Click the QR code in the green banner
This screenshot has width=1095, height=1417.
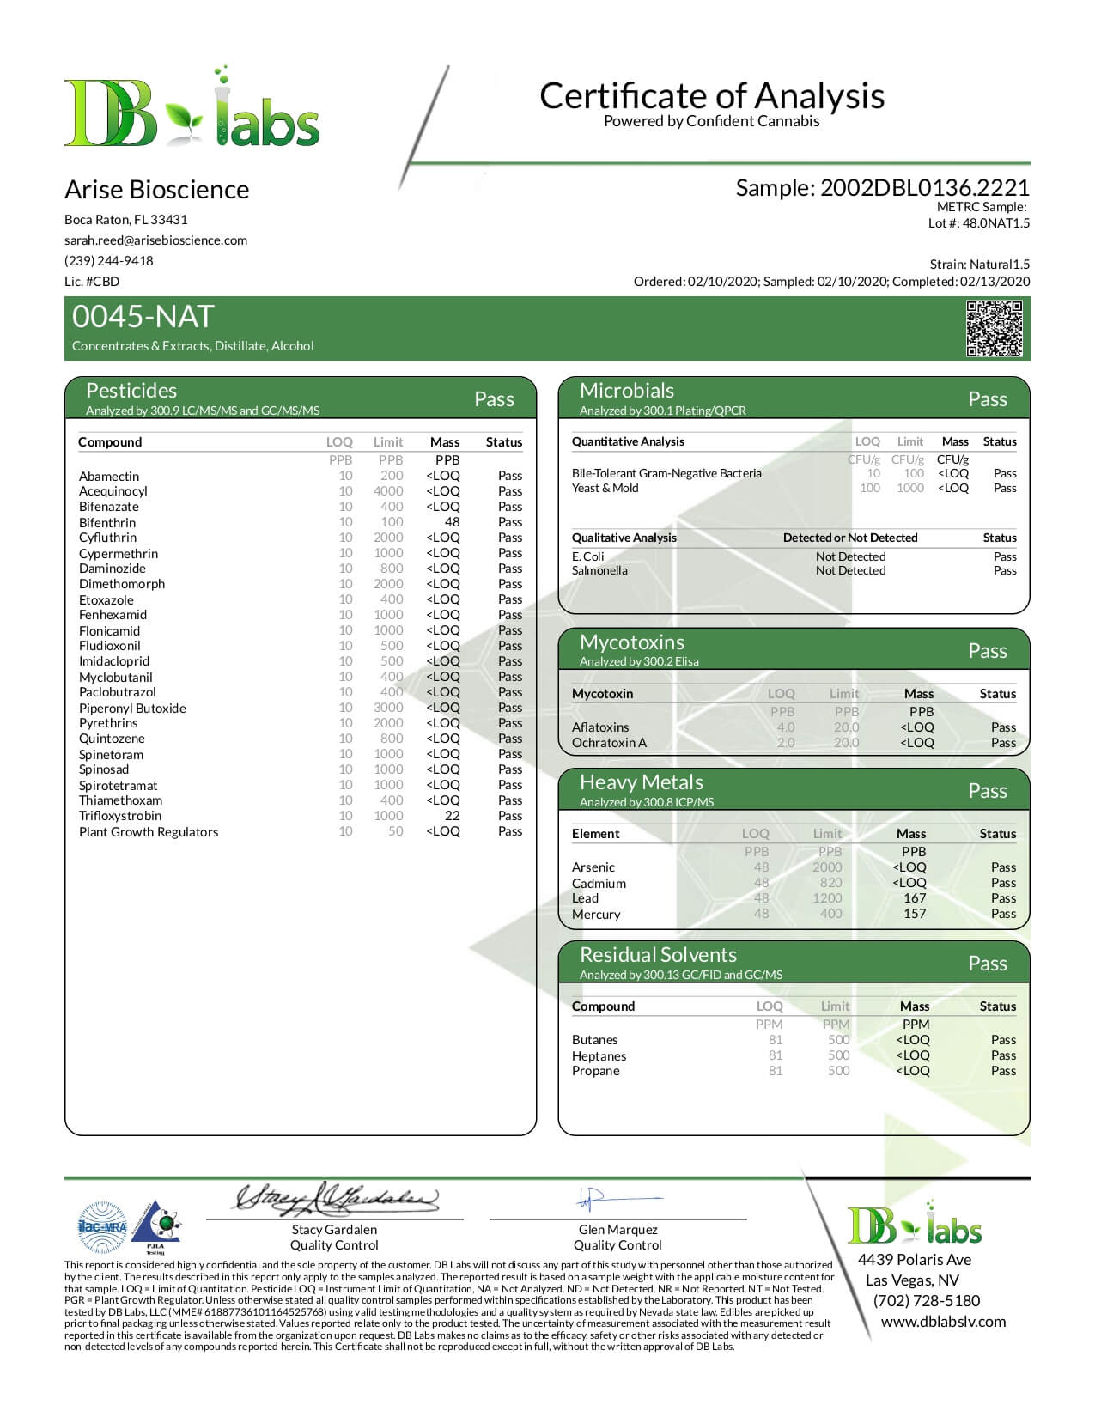(995, 328)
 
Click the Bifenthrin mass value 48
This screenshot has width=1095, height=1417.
(452, 522)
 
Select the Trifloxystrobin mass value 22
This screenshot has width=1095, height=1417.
(452, 816)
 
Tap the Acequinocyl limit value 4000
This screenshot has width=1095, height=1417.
(388, 491)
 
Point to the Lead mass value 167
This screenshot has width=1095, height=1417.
(915, 898)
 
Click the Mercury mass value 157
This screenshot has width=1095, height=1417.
(915, 914)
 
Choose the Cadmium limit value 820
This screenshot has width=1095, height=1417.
(830, 883)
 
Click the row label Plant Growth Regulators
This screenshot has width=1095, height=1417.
(149, 832)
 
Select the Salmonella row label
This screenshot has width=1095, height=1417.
(599, 570)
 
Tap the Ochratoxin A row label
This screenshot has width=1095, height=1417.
(609, 743)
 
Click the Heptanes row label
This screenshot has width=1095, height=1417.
(599, 1056)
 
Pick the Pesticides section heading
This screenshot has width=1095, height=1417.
(131, 391)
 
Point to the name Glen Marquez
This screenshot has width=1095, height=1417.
(617, 1230)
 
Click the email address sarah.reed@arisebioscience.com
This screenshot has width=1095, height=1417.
(155, 240)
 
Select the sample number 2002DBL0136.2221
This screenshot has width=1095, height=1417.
(924, 188)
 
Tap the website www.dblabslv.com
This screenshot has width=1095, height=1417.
(943, 1322)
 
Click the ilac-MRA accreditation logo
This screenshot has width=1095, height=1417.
(101, 1227)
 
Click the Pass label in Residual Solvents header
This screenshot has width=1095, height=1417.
(987, 964)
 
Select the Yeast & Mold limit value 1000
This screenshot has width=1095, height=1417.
(909, 488)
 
